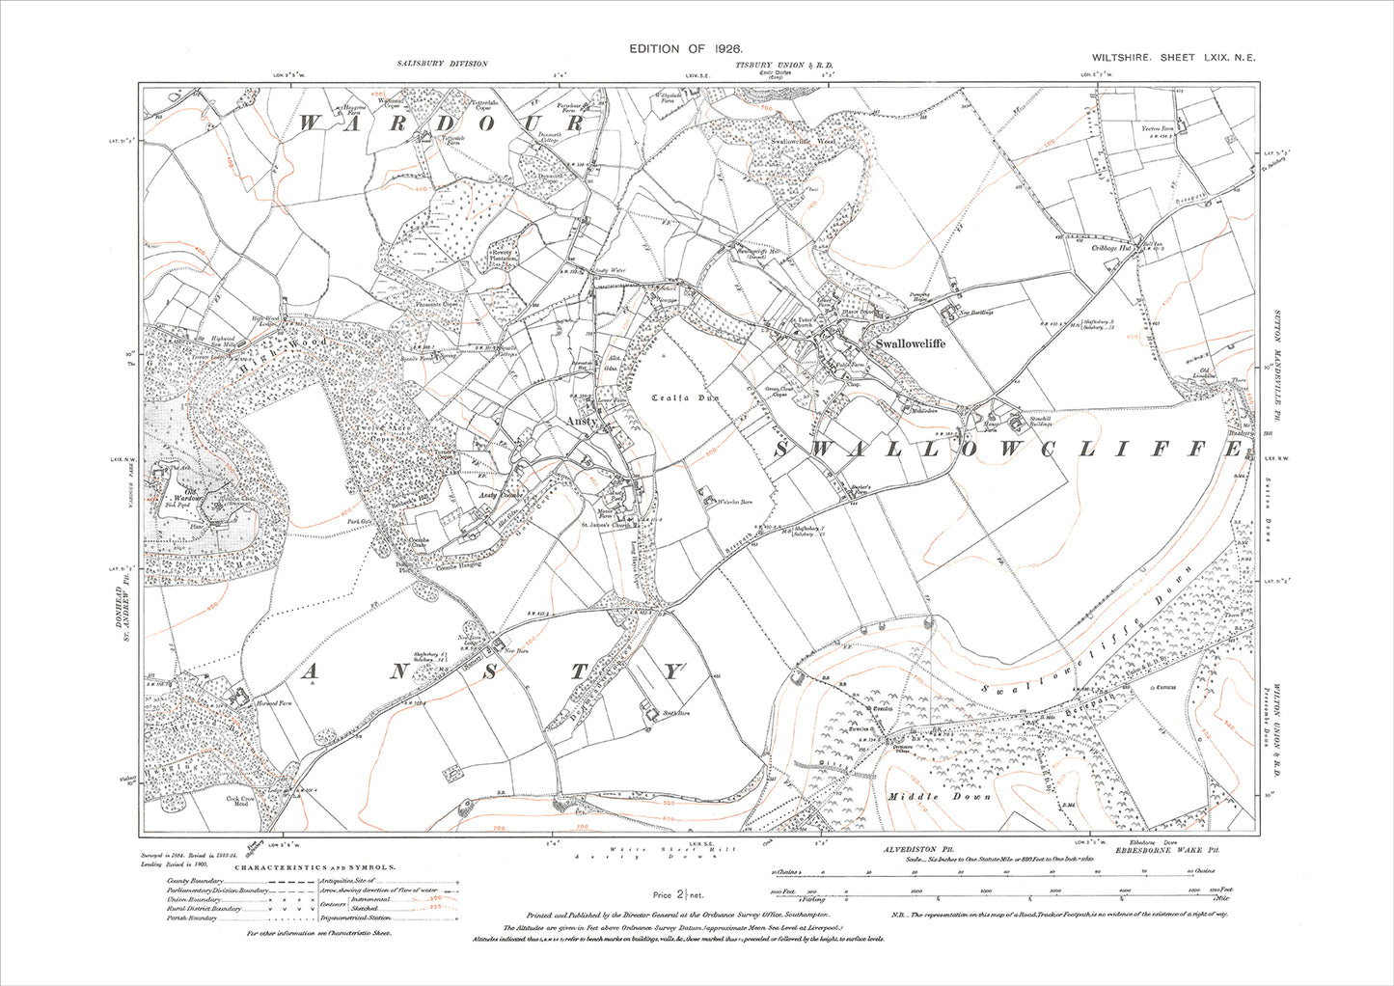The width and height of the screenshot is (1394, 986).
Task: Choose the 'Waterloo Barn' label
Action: pyautogui.click(x=732, y=503)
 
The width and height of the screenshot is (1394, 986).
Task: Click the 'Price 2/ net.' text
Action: pyautogui.click(x=674, y=895)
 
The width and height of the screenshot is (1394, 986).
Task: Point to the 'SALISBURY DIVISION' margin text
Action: pyautogui.click(x=442, y=64)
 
